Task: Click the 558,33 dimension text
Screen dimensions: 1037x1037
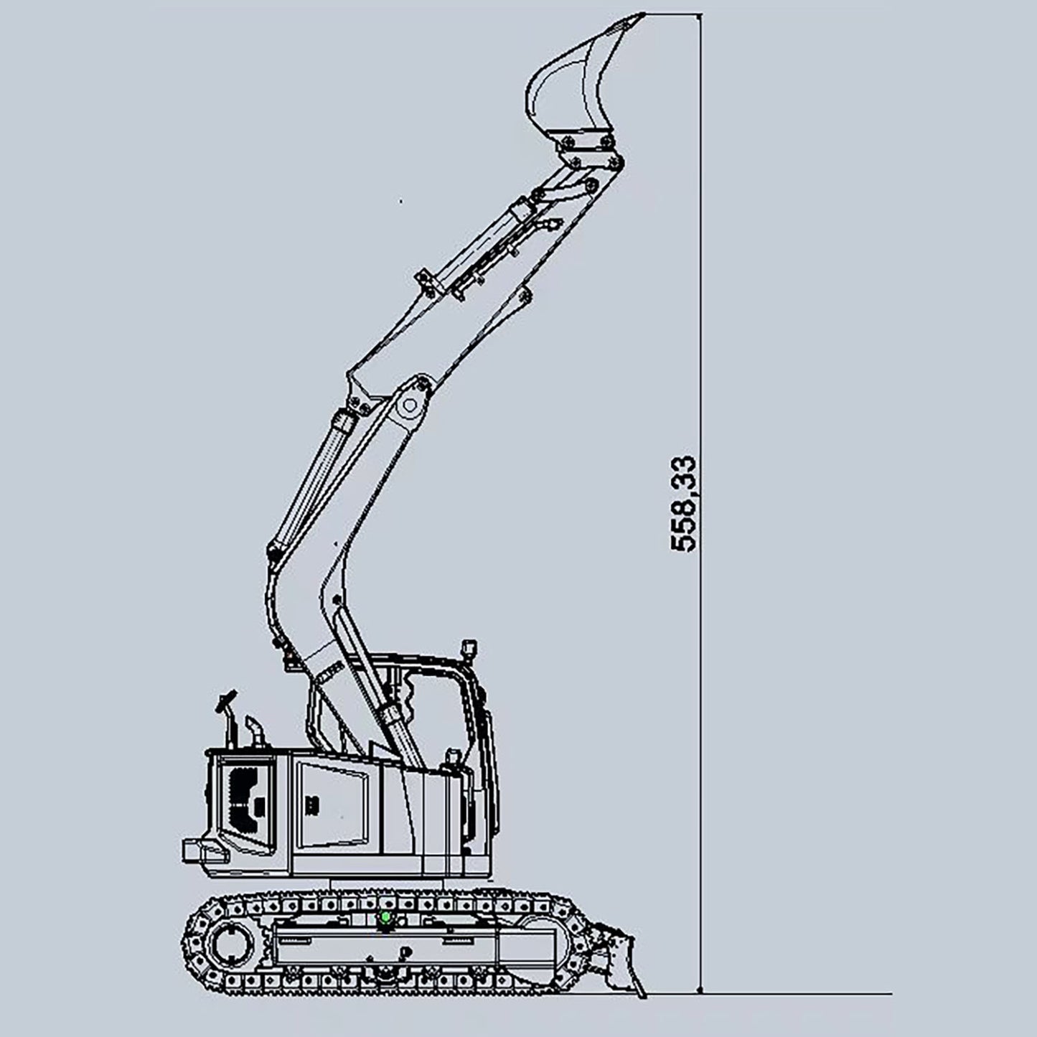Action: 683,504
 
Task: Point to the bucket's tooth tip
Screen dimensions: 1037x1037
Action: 644,14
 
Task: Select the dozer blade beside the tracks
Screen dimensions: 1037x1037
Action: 619,962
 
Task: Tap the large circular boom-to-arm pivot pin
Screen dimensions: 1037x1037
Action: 410,404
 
